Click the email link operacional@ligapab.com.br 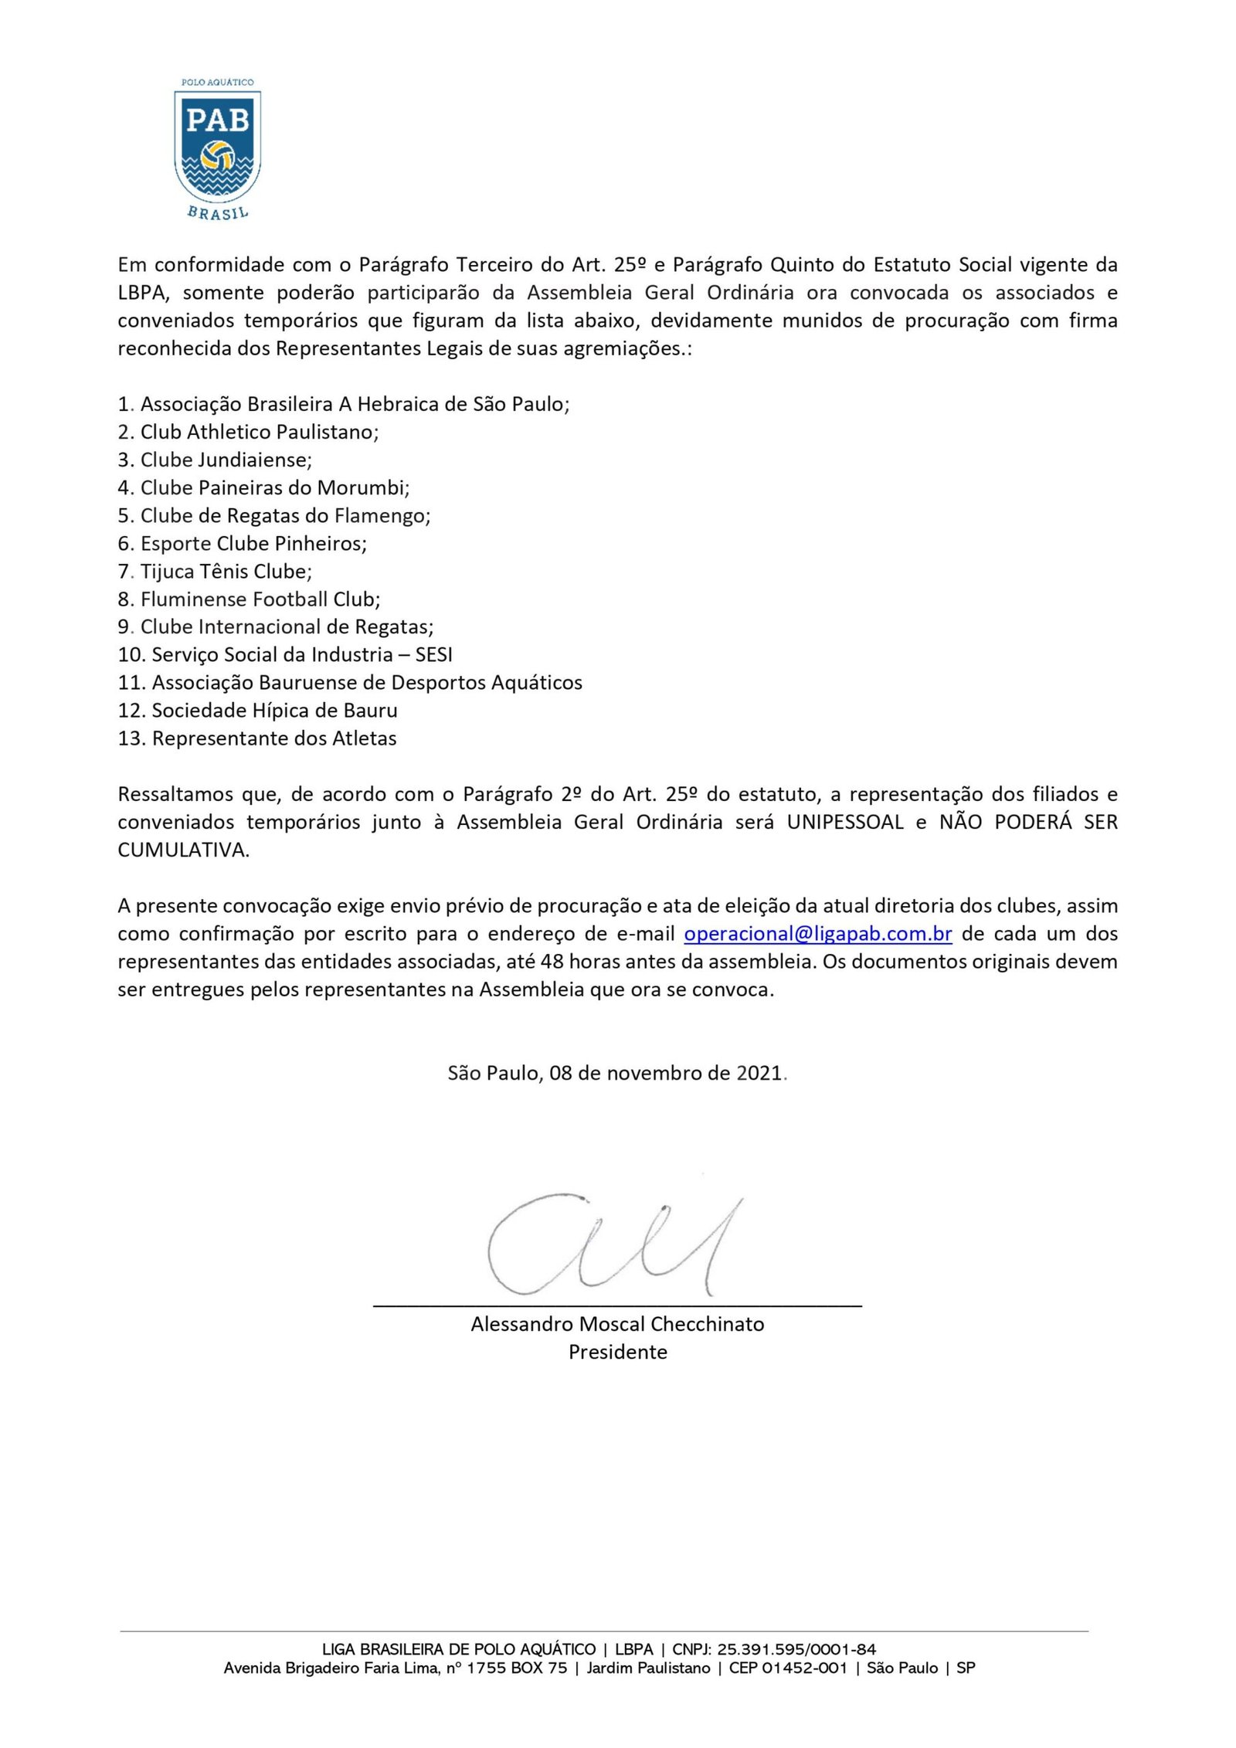[x=818, y=933]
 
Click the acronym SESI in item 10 [x=433, y=654]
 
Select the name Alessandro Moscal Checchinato [x=617, y=1324]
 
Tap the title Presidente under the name [x=617, y=1352]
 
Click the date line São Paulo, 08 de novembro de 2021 [x=617, y=1073]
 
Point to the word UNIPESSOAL [x=845, y=822]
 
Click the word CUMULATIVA [x=183, y=850]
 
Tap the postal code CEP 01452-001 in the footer [x=788, y=1668]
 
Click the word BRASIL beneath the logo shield [x=218, y=213]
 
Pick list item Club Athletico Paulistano [x=259, y=432]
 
